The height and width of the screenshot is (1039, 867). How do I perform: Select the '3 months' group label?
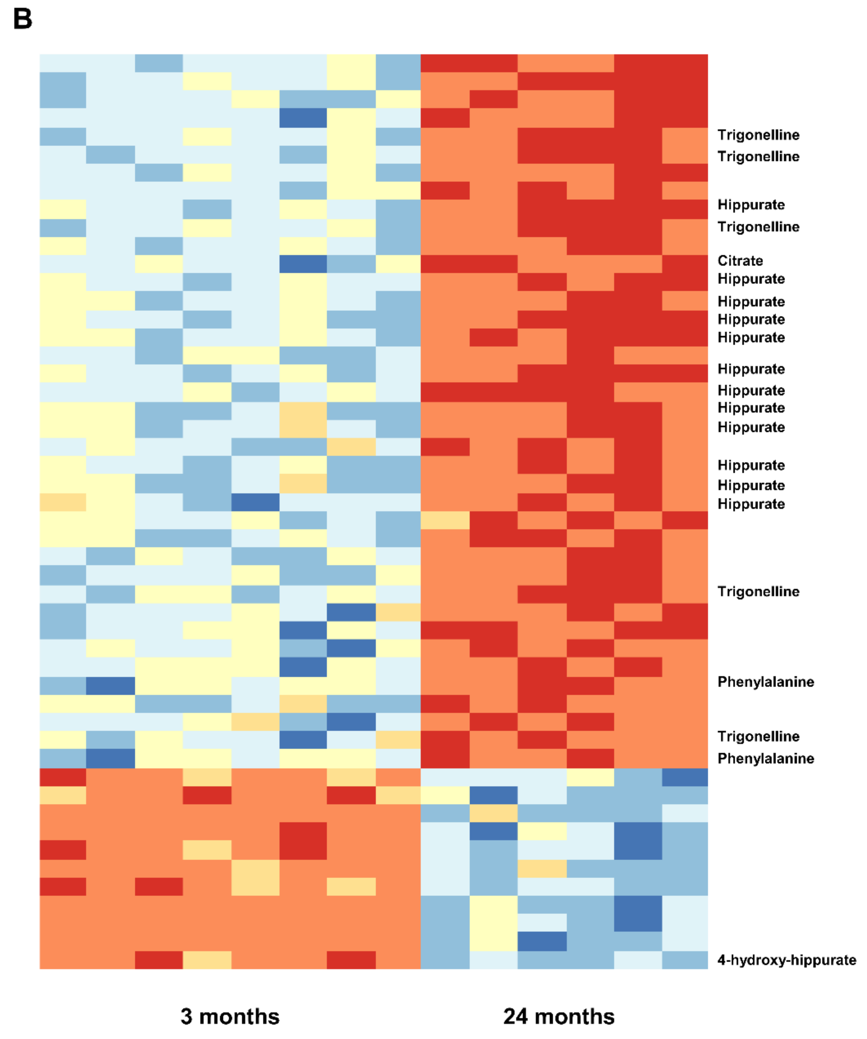pyautogui.click(x=230, y=1016)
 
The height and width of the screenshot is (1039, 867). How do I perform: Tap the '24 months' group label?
pyautogui.click(x=559, y=1016)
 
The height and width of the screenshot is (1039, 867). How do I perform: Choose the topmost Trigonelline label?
pyautogui.click(x=758, y=135)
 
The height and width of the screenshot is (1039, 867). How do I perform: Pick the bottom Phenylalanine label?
pyautogui.click(x=766, y=759)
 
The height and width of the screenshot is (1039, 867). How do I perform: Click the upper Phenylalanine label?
pyautogui.click(x=766, y=682)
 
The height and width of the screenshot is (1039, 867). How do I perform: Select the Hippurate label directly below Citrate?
pyautogui.click(x=751, y=279)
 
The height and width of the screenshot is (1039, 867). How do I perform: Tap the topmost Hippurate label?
pyautogui.click(x=751, y=205)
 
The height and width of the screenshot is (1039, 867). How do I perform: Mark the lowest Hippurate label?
pyautogui.click(x=751, y=504)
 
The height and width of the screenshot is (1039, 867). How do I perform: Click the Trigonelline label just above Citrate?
pyautogui.click(x=758, y=227)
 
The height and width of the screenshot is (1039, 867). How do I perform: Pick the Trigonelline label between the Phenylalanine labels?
pyautogui.click(x=758, y=736)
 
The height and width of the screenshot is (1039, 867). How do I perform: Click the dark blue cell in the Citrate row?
pyautogui.click(x=303, y=264)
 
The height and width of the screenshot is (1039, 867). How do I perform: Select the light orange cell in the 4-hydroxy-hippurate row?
pyautogui.click(x=207, y=960)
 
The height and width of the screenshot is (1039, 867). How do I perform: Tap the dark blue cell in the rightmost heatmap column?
pyautogui.click(x=685, y=777)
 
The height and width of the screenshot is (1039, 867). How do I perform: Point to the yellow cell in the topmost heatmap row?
pyautogui.click(x=351, y=63)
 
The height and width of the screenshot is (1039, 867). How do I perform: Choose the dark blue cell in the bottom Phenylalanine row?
pyautogui.click(x=110, y=759)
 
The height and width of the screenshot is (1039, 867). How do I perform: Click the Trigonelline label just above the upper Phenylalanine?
pyautogui.click(x=758, y=592)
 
